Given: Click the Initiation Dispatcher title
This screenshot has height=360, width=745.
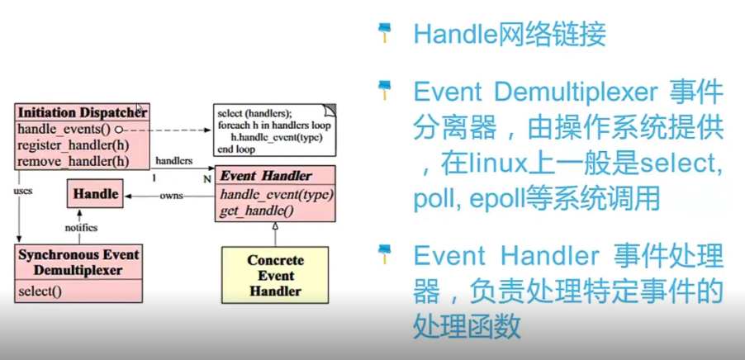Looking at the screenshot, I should [81, 111].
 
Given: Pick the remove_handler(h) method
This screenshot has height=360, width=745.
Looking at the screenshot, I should [73, 159].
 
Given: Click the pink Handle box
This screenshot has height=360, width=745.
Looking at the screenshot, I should [96, 196].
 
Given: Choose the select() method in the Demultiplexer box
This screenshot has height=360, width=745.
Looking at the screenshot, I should [40, 290].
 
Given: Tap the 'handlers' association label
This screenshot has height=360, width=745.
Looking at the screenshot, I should [174, 161].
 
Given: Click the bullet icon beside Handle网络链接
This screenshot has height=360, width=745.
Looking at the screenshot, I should [384, 33].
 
